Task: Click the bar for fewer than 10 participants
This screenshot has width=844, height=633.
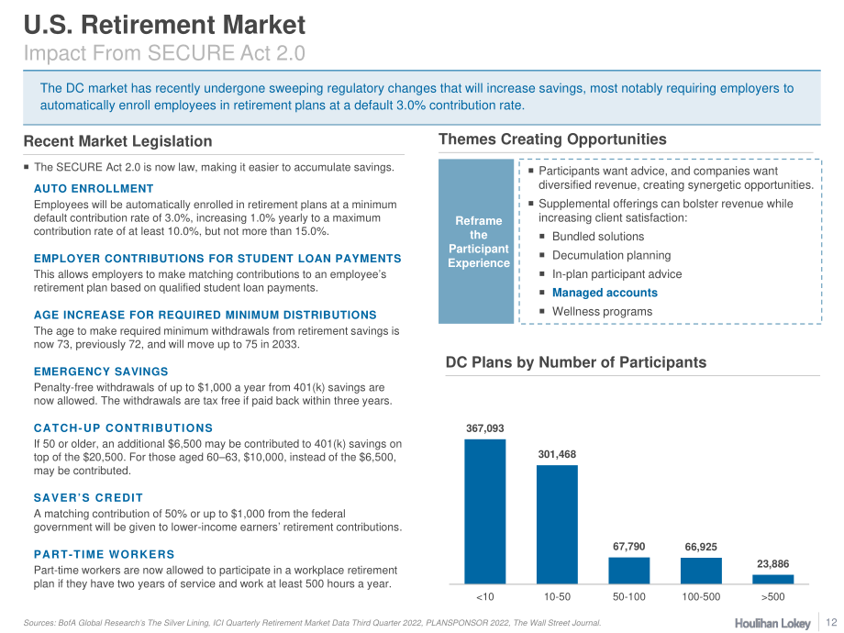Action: click(x=485, y=511)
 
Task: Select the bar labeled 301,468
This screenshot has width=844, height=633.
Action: click(x=557, y=524)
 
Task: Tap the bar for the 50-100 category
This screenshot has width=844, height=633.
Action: click(x=629, y=571)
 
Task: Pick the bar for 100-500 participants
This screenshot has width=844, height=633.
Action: click(x=701, y=571)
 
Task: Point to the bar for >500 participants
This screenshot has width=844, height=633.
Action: click(x=773, y=579)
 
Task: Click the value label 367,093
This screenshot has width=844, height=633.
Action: click(x=485, y=428)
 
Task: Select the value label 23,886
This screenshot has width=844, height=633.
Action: click(x=773, y=564)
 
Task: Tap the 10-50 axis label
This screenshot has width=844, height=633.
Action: click(x=557, y=597)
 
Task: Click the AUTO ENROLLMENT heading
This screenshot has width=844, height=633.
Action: click(x=94, y=189)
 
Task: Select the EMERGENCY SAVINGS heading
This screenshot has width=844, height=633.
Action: click(x=101, y=372)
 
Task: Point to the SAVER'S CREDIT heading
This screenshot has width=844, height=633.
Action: click(x=89, y=498)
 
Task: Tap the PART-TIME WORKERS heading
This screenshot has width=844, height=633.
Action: click(x=105, y=554)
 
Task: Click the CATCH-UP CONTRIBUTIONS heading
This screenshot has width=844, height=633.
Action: click(x=123, y=428)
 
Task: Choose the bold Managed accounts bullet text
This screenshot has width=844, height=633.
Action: click(x=605, y=293)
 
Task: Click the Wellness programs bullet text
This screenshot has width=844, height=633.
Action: click(x=603, y=312)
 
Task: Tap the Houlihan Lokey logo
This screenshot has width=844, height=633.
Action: click(x=772, y=623)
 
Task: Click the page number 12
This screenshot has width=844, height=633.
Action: click(x=831, y=622)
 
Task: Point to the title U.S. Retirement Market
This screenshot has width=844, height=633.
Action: click(x=165, y=25)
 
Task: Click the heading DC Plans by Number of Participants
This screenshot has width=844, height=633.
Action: click(x=576, y=362)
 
